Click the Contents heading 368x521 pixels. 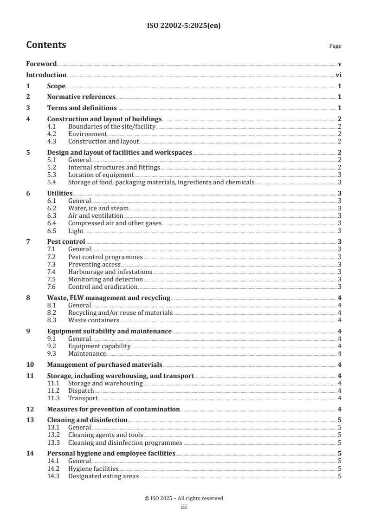pos(46,45)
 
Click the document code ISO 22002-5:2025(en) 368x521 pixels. pos(183,26)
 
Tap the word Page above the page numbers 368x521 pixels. pos(335,46)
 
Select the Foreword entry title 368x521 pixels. pos(41,64)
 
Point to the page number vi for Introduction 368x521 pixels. pos(338,75)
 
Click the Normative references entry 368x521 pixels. pos(81,97)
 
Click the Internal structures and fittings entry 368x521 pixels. pos(114,167)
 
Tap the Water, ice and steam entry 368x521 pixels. pos(98,208)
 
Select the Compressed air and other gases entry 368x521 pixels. pos(115,223)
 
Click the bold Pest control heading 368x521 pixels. pos(66,242)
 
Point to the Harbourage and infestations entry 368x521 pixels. pos(110,272)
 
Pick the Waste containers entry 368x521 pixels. pos(93,320)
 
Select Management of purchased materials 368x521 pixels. pos(105,365)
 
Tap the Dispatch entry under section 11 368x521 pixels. pos(81,391)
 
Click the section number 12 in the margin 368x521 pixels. pos(29,409)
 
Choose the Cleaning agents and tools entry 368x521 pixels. pos(105,435)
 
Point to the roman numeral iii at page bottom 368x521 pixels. pos(183,508)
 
